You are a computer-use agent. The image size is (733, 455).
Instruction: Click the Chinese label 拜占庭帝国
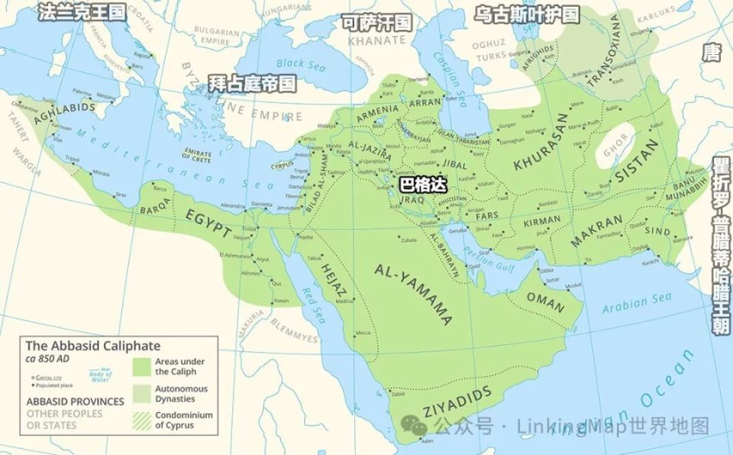point(252,82)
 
